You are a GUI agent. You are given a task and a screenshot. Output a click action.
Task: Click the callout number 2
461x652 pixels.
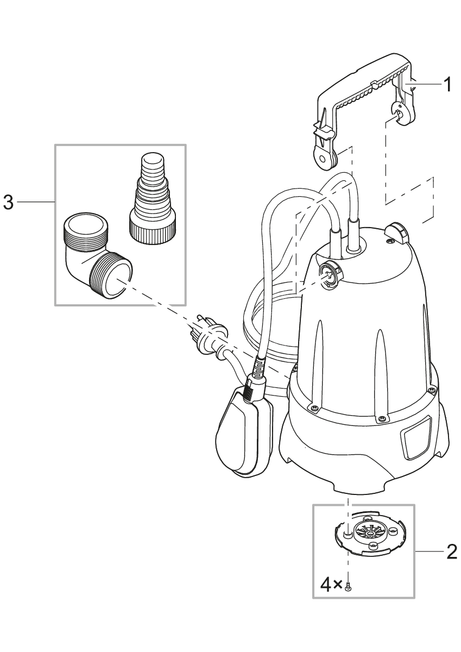point(451,551)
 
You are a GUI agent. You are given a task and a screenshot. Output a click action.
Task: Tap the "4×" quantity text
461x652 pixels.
point(331,585)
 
